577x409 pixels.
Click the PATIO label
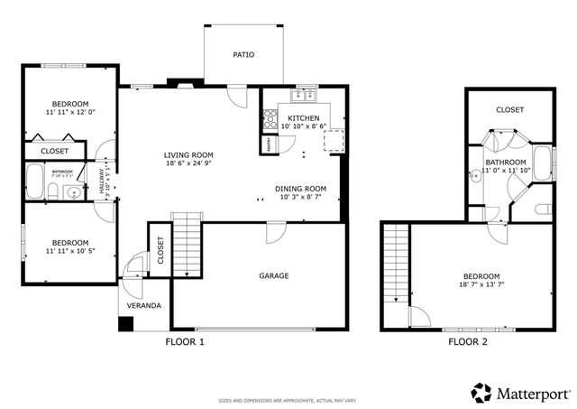point(243,55)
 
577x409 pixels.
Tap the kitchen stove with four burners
point(269,116)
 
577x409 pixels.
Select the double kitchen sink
point(304,95)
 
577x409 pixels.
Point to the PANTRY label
point(270,143)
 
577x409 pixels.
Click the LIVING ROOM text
point(188,153)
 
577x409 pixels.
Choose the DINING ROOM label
point(300,189)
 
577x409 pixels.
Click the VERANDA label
point(143,306)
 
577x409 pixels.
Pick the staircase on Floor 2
point(394,264)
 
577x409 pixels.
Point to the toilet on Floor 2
point(543,209)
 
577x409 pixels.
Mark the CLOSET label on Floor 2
point(509,109)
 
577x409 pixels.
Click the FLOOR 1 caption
point(185,342)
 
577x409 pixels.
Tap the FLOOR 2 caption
point(468,342)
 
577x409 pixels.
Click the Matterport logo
point(521,393)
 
